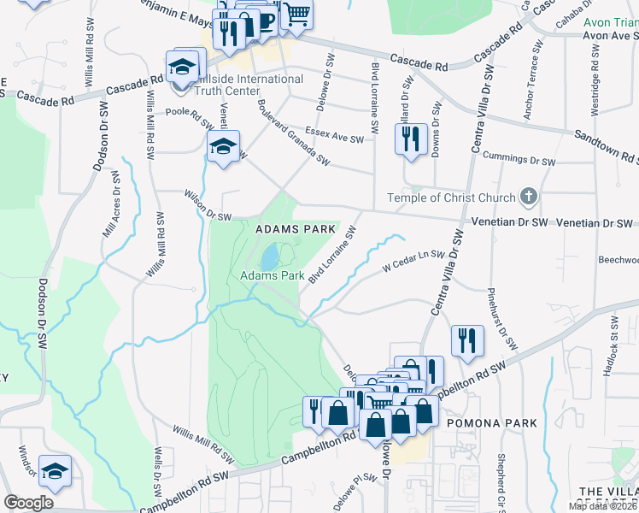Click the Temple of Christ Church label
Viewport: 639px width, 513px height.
(451, 198)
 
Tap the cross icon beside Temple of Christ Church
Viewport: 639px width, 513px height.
(529, 198)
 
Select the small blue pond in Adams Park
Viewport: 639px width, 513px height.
(269, 255)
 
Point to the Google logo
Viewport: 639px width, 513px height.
(27, 503)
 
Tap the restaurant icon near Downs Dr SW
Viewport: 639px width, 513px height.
(411, 139)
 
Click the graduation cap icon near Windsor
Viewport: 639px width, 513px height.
(55, 471)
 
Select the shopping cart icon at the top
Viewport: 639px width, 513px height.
(296, 14)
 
